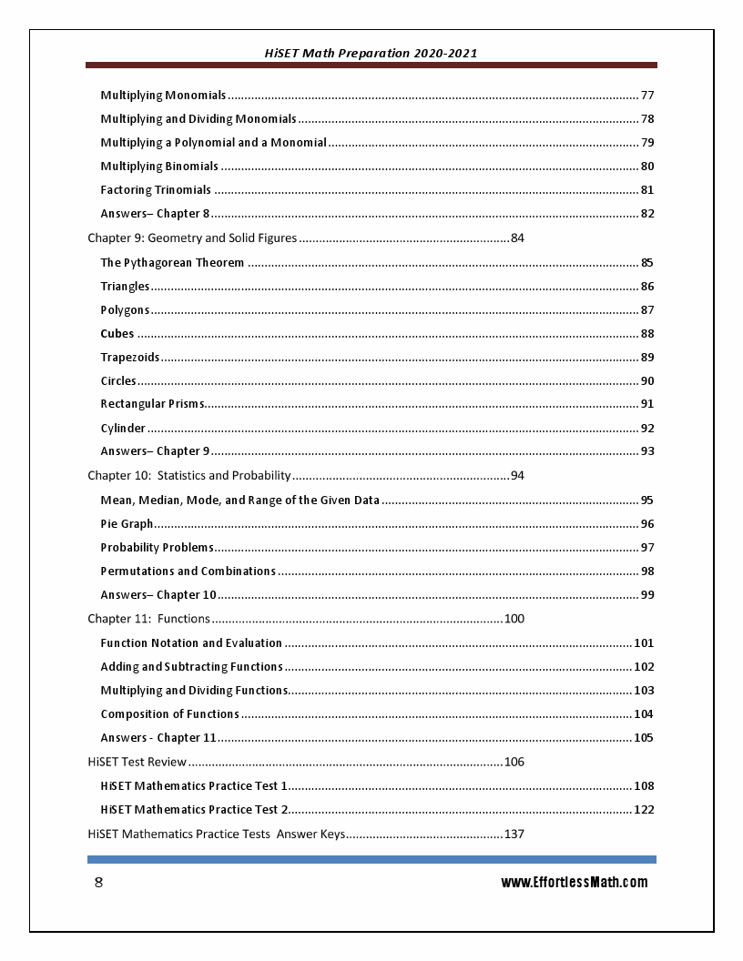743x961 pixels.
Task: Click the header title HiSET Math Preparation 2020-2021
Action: pos(371,54)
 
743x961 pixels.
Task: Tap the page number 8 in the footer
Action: pos(98,883)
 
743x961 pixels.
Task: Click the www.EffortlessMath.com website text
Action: pos(574,882)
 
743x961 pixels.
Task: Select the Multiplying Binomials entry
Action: pos(159,167)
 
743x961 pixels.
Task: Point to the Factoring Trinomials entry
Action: pos(156,190)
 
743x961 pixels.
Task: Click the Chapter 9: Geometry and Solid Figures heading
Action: pos(192,238)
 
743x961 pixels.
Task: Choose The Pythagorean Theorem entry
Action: pos(172,263)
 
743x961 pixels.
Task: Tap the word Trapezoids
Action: pos(130,358)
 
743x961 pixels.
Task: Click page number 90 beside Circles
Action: pos(647,381)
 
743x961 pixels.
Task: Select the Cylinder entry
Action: pos(123,429)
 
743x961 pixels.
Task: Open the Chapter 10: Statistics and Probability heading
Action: pos(188,475)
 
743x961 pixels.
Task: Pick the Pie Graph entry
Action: pos(127,524)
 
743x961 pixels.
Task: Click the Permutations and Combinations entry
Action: pos(188,572)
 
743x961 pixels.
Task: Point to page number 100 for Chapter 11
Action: pos(514,619)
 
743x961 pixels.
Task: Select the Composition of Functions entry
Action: pos(169,714)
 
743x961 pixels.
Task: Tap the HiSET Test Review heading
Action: pos(137,762)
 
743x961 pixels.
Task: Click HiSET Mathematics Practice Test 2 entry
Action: pos(194,810)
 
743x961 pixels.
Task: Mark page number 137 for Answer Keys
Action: pos(514,835)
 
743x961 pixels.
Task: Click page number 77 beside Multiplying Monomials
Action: pos(647,96)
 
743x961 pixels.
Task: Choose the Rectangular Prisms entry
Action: pos(152,404)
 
